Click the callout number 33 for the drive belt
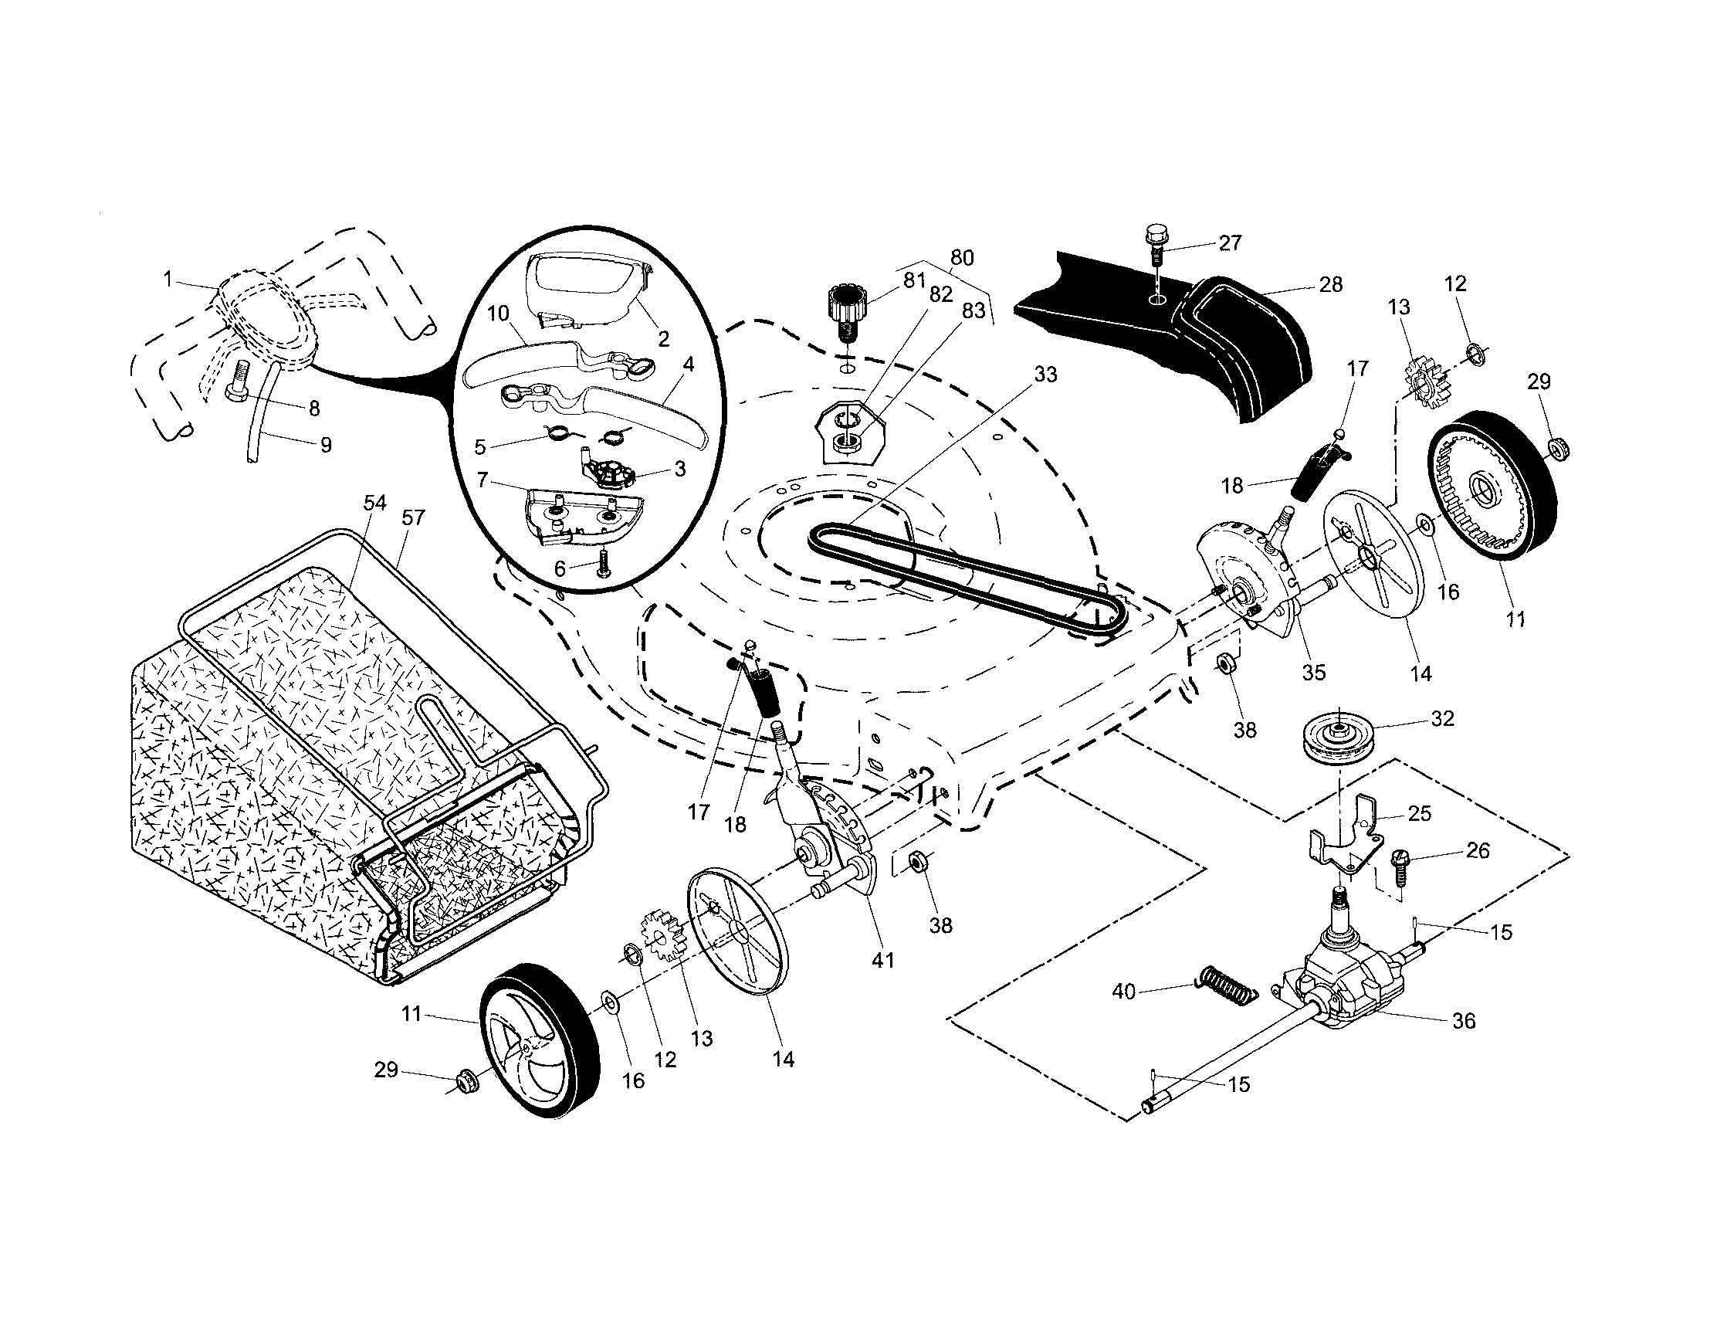click(1045, 375)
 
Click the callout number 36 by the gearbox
click(1464, 1020)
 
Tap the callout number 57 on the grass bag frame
click(412, 517)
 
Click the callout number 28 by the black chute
click(1331, 284)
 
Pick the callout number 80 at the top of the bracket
click(961, 258)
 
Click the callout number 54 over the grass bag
click(375, 503)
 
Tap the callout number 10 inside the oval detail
click(499, 314)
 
